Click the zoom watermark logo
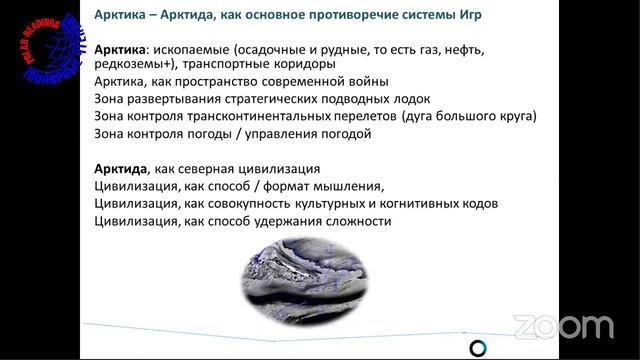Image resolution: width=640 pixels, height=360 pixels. click(x=562, y=326)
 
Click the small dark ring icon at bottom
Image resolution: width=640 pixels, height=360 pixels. click(x=478, y=347)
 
